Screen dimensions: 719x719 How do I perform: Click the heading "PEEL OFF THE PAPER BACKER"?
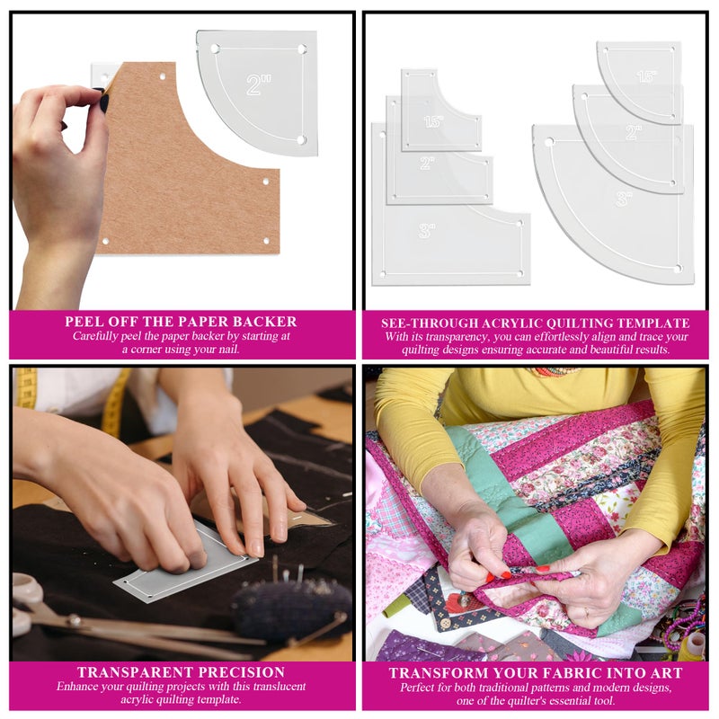[181, 321]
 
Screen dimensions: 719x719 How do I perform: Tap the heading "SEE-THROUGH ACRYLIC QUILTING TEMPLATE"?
[536, 323]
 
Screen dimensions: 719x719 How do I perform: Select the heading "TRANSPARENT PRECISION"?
[181, 672]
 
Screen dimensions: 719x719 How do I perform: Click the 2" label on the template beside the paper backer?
[259, 84]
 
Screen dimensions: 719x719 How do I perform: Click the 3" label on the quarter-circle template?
[625, 199]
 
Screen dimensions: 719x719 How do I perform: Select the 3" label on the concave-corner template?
[426, 230]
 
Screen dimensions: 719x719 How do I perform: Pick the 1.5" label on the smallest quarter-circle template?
[646, 77]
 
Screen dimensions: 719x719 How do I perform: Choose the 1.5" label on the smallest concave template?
[433, 120]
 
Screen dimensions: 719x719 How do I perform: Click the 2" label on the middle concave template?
[427, 164]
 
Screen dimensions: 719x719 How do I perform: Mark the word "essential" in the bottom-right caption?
[622, 700]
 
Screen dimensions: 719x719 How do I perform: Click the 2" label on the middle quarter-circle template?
[634, 132]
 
